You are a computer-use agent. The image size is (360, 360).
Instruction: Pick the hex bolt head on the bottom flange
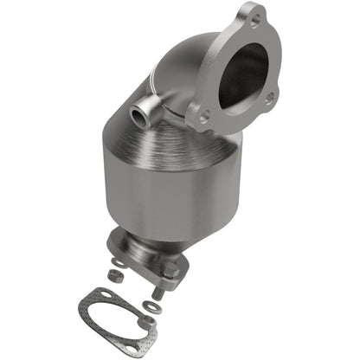(170, 275)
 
